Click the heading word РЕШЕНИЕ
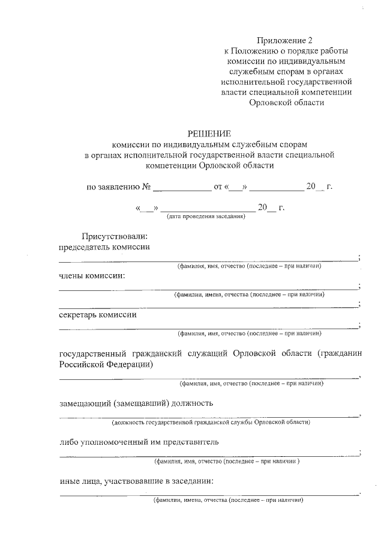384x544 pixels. tap(209, 133)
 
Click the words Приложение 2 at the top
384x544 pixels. tap(285, 41)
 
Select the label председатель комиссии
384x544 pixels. tap(104, 247)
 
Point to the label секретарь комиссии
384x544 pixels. tap(97, 314)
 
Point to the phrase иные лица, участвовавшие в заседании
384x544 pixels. tap(136, 481)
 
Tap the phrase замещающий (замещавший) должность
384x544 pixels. tap(136, 403)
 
